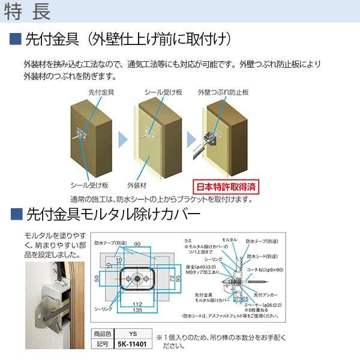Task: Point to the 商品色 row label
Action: pyautogui.click(x=102, y=334)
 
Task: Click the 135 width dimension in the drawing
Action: pyautogui.click(x=137, y=311)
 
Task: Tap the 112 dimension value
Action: pyautogui.click(x=137, y=304)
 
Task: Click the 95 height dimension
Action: pyautogui.click(x=178, y=280)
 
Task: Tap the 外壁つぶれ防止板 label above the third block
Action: pyautogui.click(x=223, y=92)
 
